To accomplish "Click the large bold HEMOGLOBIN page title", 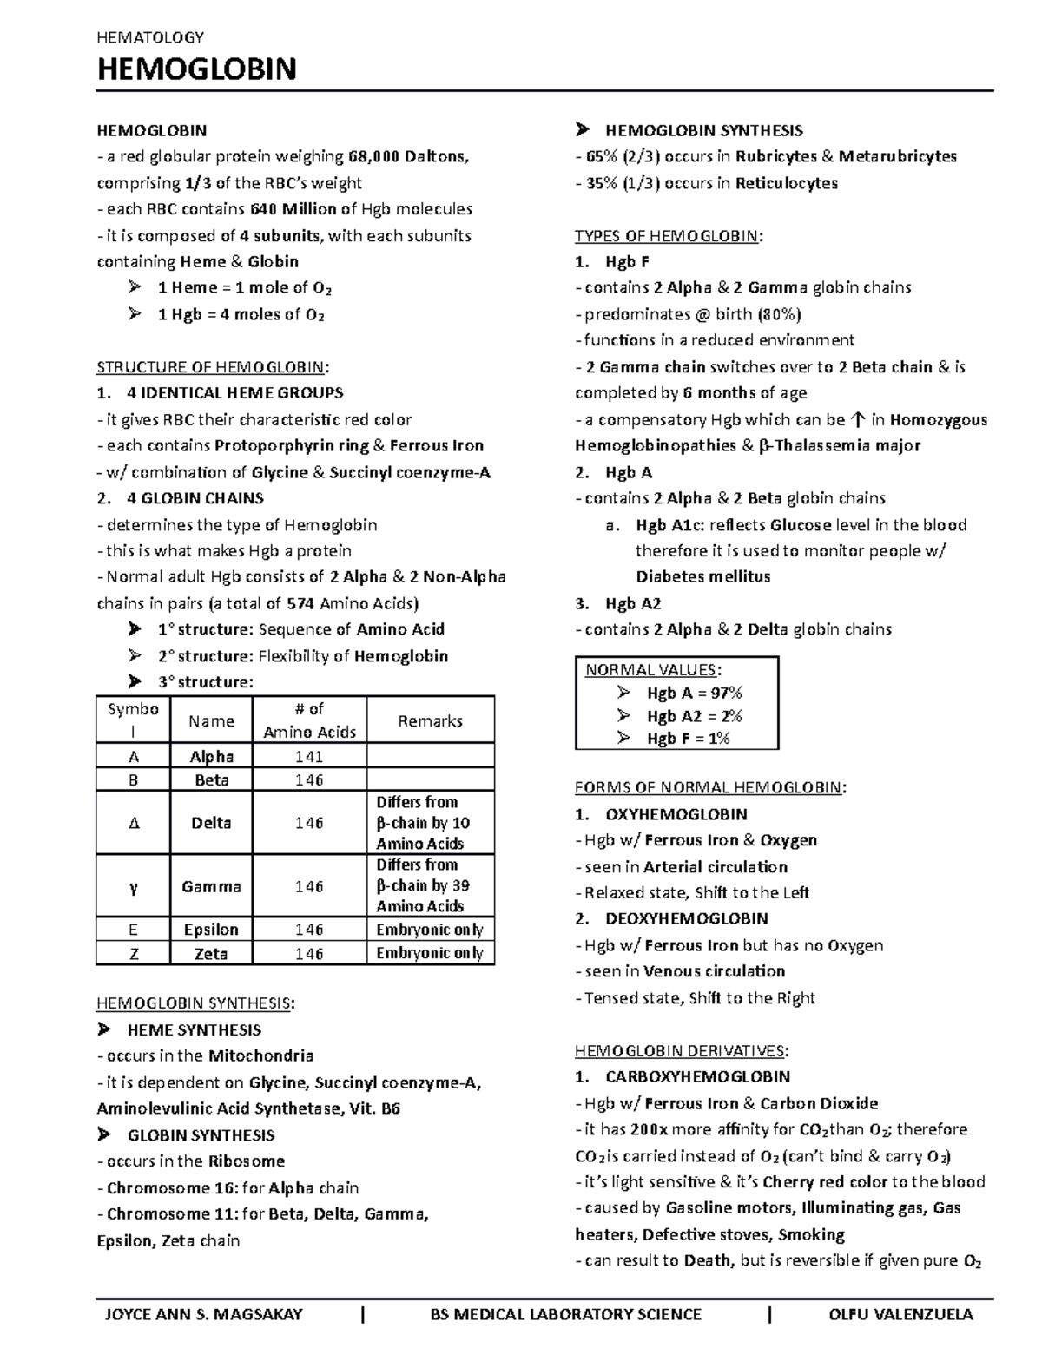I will coord(197,69).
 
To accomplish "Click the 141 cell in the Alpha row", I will coord(309,756).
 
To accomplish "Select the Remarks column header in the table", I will coord(430,720).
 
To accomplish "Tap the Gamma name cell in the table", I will coord(211,886).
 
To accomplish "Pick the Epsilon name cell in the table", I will coord(211,929).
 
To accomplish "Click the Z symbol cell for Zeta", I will coord(133,953).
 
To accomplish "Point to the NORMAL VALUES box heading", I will coord(651,669).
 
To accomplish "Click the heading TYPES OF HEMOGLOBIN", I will coord(667,235).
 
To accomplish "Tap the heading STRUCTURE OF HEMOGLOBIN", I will coord(213,366).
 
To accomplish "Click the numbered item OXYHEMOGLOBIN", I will coord(676,814).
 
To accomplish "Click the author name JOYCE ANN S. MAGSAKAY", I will coord(203,1314).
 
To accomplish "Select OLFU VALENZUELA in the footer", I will coord(901,1314).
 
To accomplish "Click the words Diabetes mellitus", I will coord(702,576).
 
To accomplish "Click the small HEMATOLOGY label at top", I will coord(150,36).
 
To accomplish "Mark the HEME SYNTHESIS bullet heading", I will coord(194,1029).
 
